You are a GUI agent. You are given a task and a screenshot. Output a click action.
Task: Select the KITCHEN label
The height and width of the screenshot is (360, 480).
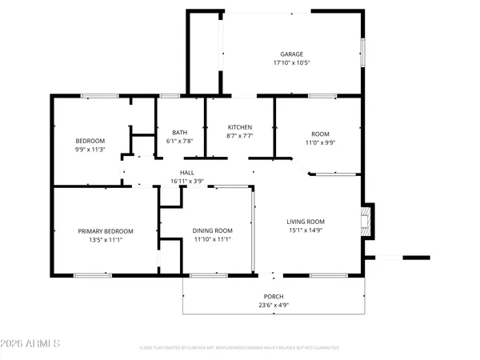click(x=240, y=127)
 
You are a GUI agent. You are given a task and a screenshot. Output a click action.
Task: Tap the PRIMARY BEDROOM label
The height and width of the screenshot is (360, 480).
click(x=106, y=231)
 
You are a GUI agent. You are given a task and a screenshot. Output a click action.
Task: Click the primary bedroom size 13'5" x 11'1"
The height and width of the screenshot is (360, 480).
click(x=106, y=240)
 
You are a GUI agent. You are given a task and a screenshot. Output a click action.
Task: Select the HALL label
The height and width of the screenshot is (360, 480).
click(x=187, y=173)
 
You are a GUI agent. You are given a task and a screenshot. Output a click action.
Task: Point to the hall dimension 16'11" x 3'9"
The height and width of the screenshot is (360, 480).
click(x=187, y=182)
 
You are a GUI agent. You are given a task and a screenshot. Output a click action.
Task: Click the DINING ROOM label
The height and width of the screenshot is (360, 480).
click(x=213, y=230)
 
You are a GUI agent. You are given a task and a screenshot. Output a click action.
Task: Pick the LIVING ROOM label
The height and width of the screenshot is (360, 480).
click(x=306, y=222)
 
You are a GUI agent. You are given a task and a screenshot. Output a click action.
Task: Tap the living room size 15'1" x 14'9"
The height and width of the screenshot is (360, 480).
click(x=306, y=230)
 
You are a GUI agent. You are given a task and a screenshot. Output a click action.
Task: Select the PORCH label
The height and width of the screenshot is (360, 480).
click(x=274, y=296)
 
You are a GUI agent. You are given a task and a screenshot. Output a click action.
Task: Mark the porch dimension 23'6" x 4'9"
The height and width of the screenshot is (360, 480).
click(x=274, y=305)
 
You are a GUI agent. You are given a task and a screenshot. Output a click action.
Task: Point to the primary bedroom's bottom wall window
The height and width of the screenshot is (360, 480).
click(x=92, y=275)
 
